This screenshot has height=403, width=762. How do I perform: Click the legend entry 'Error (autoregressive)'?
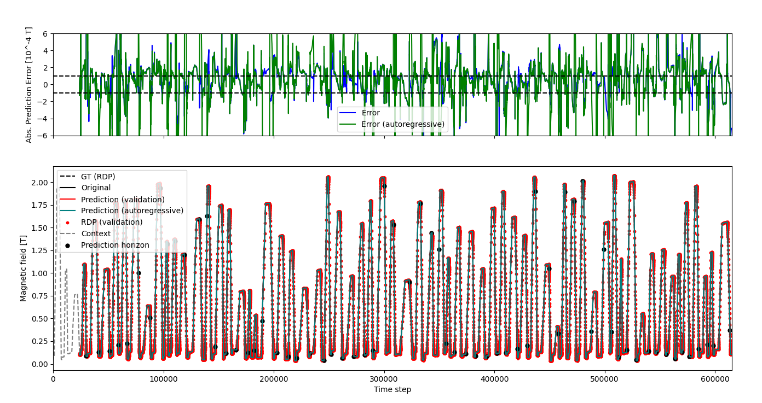[403, 124]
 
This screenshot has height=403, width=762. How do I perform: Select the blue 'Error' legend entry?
[371, 113]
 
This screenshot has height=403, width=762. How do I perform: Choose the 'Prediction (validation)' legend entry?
[123, 199]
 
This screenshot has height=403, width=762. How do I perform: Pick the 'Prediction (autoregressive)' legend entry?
[132, 211]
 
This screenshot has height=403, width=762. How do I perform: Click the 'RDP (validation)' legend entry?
[112, 222]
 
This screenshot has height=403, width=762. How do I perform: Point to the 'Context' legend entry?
[96, 233]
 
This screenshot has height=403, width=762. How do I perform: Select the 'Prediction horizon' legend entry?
[115, 245]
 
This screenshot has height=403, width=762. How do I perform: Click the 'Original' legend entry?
[96, 188]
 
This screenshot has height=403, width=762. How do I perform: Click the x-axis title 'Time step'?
[392, 390]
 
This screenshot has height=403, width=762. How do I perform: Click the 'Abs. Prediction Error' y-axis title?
[28, 85]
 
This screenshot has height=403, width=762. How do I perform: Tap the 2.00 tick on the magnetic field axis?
[39, 182]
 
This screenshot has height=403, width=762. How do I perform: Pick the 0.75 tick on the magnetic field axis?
[39, 296]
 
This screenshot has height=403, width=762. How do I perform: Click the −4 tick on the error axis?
[43, 119]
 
